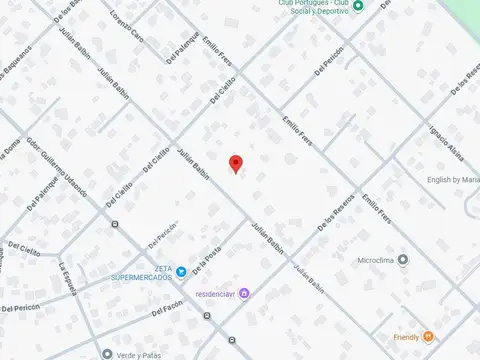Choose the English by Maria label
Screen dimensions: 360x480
click(x=452, y=180)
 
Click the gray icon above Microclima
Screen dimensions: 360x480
click(x=403, y=260)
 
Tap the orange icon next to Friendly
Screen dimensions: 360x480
click(x=428, y=336)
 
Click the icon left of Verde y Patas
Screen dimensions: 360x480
click(x=106, y=353)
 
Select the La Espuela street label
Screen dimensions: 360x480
click(x=65, y=279)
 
